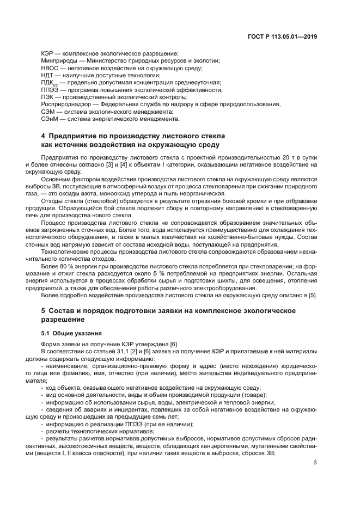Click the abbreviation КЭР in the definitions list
(x=48, y=53)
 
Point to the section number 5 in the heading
(x=44, y=310)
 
